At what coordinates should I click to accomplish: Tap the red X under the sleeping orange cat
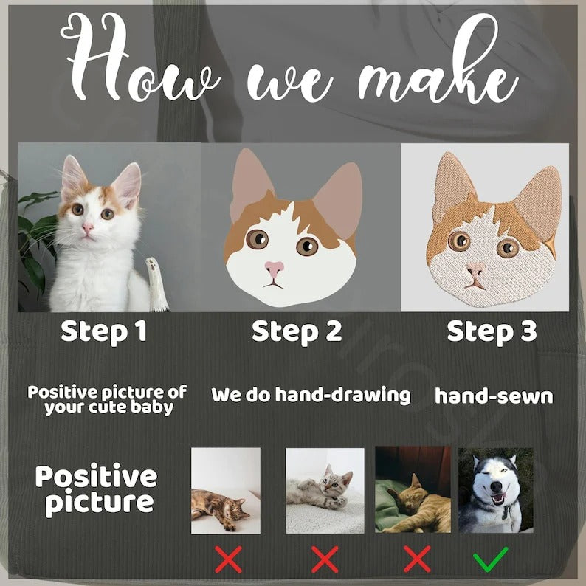[417, 559]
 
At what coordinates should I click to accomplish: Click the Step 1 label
[103, 332]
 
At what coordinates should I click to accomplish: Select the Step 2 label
[297, 332]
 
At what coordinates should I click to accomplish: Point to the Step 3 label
[492, 332]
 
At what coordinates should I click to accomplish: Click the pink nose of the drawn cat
[275, 269]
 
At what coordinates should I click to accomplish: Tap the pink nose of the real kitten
[88, 227]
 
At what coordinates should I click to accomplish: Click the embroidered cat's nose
[475, 270]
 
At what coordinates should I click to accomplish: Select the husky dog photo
[495, 490]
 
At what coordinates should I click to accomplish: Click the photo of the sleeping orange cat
[413, 489]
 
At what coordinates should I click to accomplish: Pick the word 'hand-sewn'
[494, 396]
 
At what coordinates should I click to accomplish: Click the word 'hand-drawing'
[342, 396]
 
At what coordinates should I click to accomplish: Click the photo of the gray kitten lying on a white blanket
[325, 491]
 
